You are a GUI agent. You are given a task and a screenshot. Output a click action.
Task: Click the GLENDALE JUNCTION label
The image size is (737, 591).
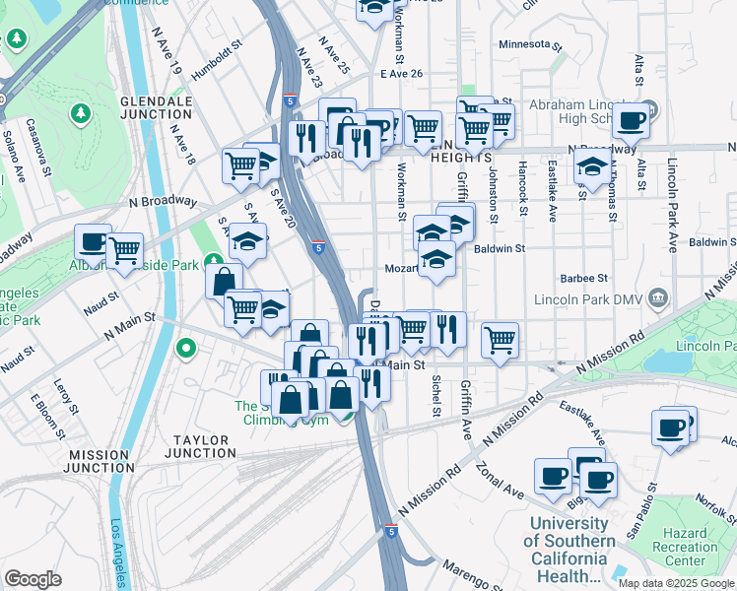coord(156,107)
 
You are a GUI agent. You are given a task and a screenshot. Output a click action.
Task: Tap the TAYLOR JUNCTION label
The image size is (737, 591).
coord(203,446)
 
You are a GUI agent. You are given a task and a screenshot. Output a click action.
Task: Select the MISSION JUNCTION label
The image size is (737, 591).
coord(96,461)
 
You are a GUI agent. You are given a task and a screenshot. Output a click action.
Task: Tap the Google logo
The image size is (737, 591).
coord(33,579)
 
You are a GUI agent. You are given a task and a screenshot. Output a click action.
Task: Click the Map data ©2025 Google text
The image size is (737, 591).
coord(676,583)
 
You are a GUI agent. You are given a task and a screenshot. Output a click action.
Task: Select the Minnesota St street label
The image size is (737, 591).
coord(530,45)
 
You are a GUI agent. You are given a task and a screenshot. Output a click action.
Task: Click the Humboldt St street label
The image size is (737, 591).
coord(217,59)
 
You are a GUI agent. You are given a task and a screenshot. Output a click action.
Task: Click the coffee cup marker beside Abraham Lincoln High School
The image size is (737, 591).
coord(632,121)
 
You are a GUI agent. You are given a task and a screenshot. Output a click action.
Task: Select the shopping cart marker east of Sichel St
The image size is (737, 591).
coord(500,341)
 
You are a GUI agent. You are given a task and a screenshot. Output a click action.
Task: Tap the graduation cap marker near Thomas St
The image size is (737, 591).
coord(592,166)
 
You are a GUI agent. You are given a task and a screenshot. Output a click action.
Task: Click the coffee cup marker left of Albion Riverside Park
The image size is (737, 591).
coord(93,241)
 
